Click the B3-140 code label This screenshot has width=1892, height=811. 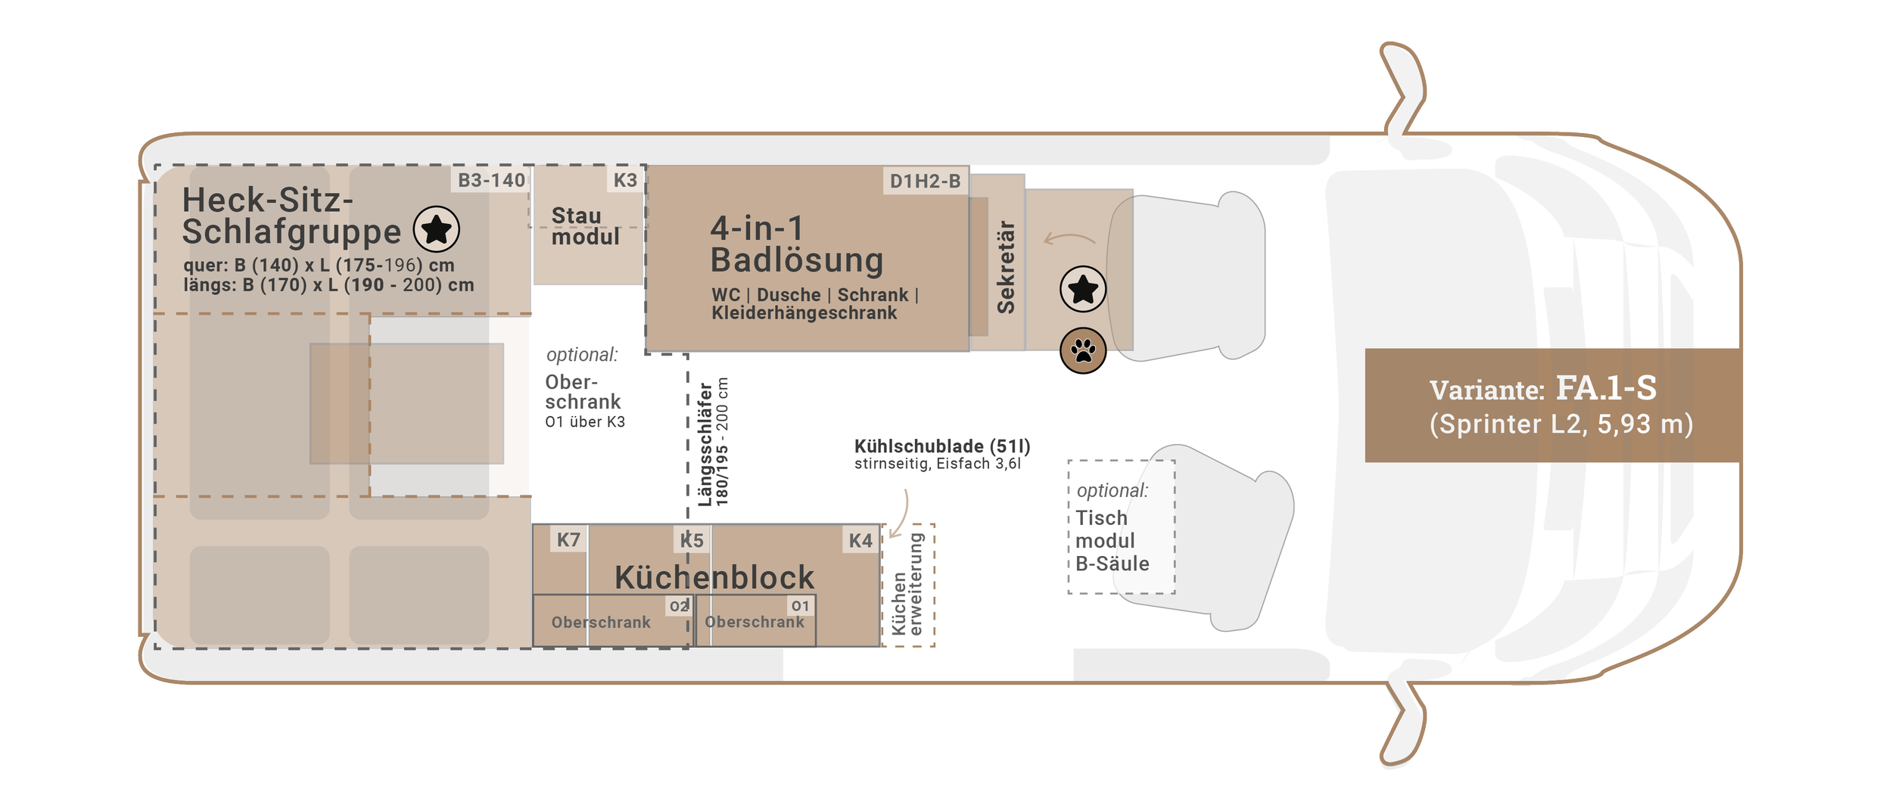coord(491,180)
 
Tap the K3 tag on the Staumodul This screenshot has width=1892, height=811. coord(625,180)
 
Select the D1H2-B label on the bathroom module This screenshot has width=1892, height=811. coord(925,182)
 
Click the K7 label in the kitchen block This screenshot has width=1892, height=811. coord(568,539)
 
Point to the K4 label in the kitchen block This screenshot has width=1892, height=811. coord(860,540)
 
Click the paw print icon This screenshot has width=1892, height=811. coord(1083,351)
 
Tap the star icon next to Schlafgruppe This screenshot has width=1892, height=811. coord(437,228)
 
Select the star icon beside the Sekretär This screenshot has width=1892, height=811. coord(1083,289)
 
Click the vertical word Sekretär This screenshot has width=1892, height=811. coord(1006,266)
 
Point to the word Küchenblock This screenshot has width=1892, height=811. coord(714,577)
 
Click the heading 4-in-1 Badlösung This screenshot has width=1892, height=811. coord(796,244)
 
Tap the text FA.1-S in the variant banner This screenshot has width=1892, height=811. coord(1606,388)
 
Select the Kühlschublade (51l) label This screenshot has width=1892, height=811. coord(942,446)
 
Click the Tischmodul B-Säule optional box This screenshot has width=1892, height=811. coord(1121,527)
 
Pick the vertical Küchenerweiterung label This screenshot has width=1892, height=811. coord(907,584)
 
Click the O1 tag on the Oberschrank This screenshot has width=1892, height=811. coord(800,606)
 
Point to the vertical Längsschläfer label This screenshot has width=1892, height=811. coord(713,443)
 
